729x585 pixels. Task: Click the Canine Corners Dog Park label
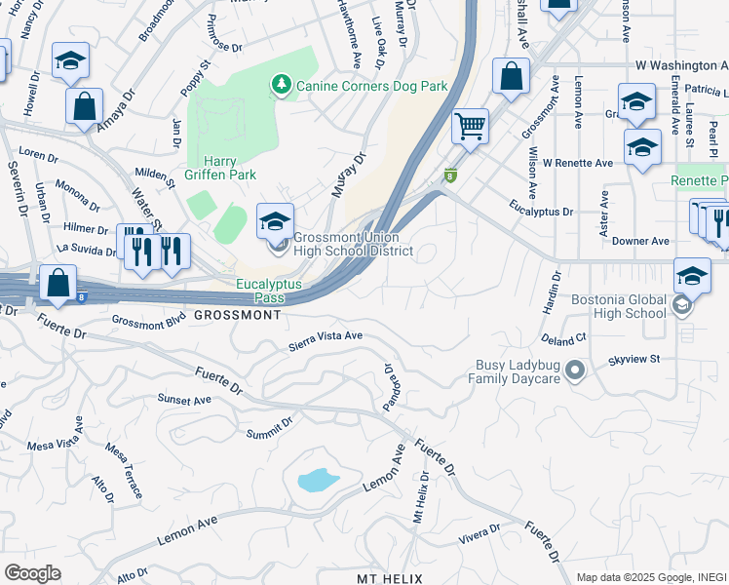coord(371,86)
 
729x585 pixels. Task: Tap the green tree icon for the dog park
coord(282,85)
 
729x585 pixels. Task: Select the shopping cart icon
coord(471,125)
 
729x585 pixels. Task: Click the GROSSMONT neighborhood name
coord(238,316)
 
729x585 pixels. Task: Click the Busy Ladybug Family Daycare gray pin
coord(575,370)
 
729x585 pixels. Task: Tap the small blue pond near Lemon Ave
coord(316,479)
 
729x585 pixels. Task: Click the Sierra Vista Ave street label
coord(326,341)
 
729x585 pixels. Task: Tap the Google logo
coord(31,572)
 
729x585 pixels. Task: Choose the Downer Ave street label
coord(647,241)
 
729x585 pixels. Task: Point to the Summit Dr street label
coord(269,428)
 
